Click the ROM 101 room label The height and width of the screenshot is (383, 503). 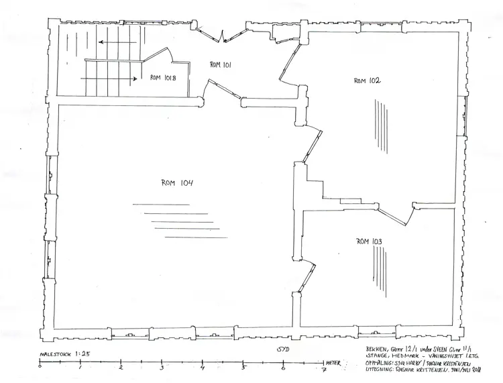coord(221,65)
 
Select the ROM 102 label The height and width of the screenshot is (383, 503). coord(367,80)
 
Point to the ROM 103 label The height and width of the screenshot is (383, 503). coord(370,241)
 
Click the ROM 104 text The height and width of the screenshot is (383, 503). coord(177,182)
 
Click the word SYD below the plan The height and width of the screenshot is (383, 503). coord(283,349)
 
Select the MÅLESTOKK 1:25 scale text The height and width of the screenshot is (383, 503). coord(61,353)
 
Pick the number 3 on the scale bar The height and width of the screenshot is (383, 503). coord(162,368)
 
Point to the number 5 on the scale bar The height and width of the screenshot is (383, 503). coord(243,368)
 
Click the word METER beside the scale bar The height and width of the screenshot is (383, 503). coord(334,362)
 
